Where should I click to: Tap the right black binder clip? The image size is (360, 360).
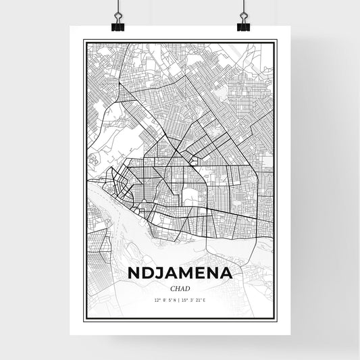pyautogui.click(x=243, y=23)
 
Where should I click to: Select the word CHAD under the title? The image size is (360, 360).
pyautogui.click(x=180, y=288)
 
